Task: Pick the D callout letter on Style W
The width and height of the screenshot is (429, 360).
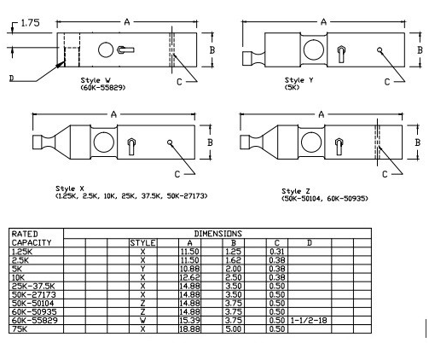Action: click(x=11, y=78)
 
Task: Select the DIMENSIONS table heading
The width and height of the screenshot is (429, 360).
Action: click(x=218, y=233)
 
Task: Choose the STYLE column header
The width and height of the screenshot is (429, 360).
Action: click(x=143, y=243)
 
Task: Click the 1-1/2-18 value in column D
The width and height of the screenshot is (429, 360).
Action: click(x=310, y=320)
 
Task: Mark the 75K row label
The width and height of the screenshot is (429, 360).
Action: click(x=18, y=328)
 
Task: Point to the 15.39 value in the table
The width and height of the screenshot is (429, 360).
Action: click(x=190, y=320)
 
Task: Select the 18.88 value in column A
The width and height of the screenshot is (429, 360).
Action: click(x=190, y=328)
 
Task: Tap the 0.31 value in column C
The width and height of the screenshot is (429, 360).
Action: click(x=276, y=251)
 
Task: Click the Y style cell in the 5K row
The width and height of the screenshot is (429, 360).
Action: click(x=143, y=266)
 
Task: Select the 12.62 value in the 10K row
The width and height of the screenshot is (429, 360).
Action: click(x=190, y=274)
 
